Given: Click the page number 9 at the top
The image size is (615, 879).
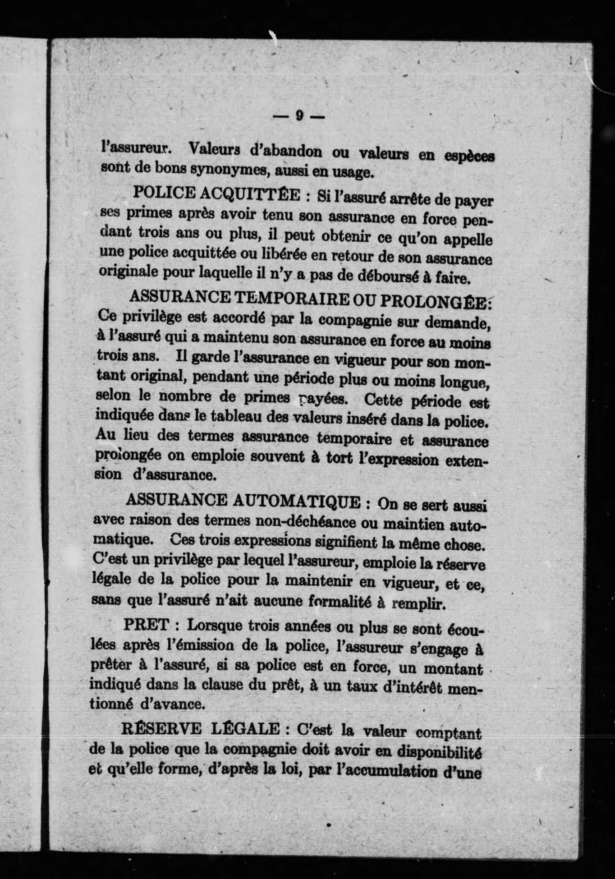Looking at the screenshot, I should (x=299, y=116).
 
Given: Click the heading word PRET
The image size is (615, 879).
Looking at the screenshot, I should (x=145, y=625).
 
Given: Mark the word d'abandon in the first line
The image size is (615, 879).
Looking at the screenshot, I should (x=285, y=150).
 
